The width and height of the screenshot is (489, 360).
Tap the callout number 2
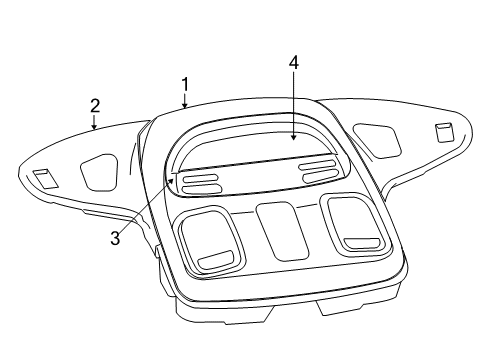coord(95,105)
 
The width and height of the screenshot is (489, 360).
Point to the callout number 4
coord(294,63)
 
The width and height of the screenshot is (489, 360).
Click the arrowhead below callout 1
coord(185,104)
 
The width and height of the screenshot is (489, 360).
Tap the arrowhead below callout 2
coord(95,128)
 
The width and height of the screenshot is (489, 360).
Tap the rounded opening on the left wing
coord(98,171)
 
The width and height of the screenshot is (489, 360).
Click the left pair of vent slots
coord(202,182)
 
